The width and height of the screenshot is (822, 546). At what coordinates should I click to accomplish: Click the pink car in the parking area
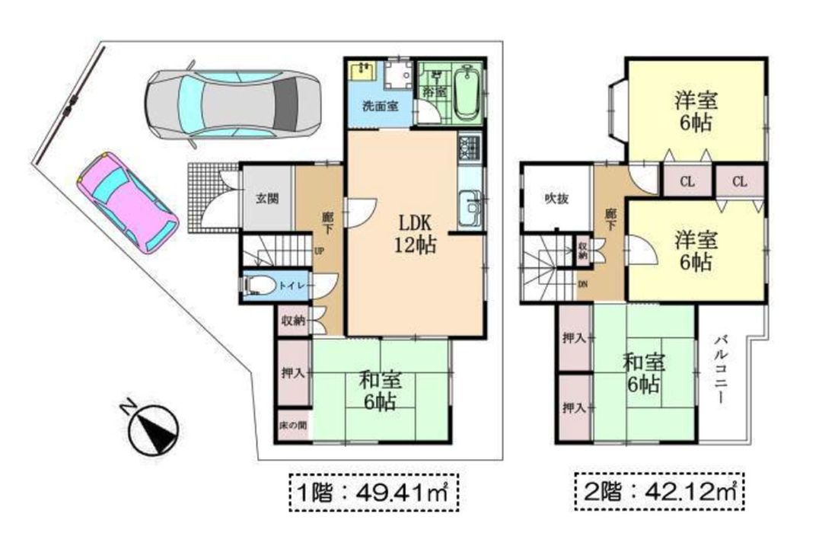[x=128, y=202]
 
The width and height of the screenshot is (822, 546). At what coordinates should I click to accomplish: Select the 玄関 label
[x=266, y=199]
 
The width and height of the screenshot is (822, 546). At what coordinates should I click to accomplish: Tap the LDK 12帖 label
[x=416, y=234]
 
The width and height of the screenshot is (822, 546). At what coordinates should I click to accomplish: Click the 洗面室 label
[x=378, y=106]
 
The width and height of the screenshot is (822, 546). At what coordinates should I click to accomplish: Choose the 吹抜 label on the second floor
[x=556, y=199]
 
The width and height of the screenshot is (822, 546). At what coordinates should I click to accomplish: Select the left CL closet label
[x=687, y=183]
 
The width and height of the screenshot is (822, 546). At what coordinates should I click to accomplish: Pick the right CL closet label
[x=739, y=183]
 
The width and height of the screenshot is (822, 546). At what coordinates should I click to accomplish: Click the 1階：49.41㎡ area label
[x=374, y=493]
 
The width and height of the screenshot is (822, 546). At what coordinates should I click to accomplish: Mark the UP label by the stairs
[x=319, y=250]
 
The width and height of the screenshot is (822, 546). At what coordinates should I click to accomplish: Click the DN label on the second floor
[x=582, y=284]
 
